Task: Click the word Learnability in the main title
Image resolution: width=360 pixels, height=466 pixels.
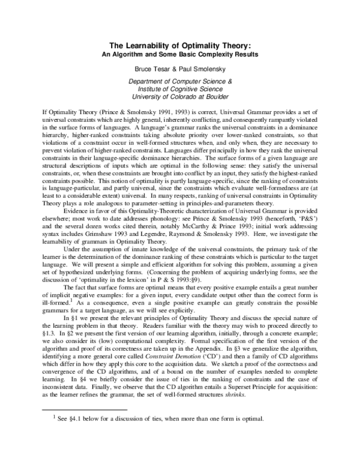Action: tap(155, 44)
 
